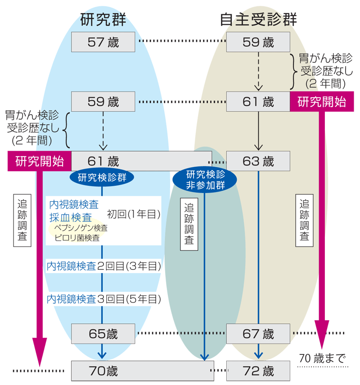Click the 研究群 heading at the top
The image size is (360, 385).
click(103, 20)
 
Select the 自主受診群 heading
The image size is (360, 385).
click(258, 20)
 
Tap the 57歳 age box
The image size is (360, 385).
click(103, 42)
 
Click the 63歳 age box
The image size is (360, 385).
click(258, 161)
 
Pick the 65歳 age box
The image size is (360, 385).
click(103, 334)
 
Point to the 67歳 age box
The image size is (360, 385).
click(258, 334)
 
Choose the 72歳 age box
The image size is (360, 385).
click(258, 371)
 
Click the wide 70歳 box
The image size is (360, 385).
click(142, 371)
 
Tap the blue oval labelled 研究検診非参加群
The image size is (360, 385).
click(205, 180)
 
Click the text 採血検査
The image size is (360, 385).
click(71, 218)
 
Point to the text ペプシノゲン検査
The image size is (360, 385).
click(81, 229)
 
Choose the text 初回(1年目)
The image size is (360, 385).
click(134, 215)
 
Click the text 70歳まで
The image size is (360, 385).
click(322, 358)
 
